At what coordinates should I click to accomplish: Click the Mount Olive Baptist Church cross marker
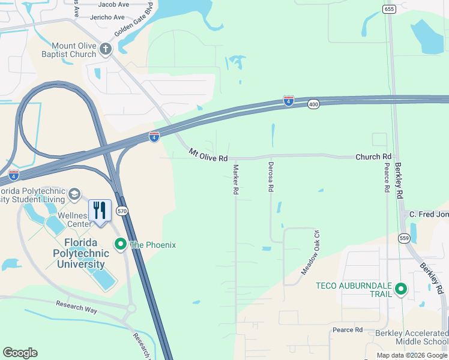[106, 49]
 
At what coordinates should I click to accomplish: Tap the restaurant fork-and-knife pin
[100, 211]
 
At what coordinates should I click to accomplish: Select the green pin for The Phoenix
[120, 244]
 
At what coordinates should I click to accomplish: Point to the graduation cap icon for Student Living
[74, 194]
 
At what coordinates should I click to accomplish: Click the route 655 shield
[389, 8]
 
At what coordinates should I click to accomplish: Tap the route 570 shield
[122, 211]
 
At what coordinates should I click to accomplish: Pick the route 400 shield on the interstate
[313, 104]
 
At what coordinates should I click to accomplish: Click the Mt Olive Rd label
[208, 155]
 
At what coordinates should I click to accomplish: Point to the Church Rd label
[373, 157]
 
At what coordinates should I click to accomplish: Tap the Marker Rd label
[236, 179]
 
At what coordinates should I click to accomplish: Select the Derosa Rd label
[271, 177]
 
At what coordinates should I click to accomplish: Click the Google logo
[20, 353]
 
